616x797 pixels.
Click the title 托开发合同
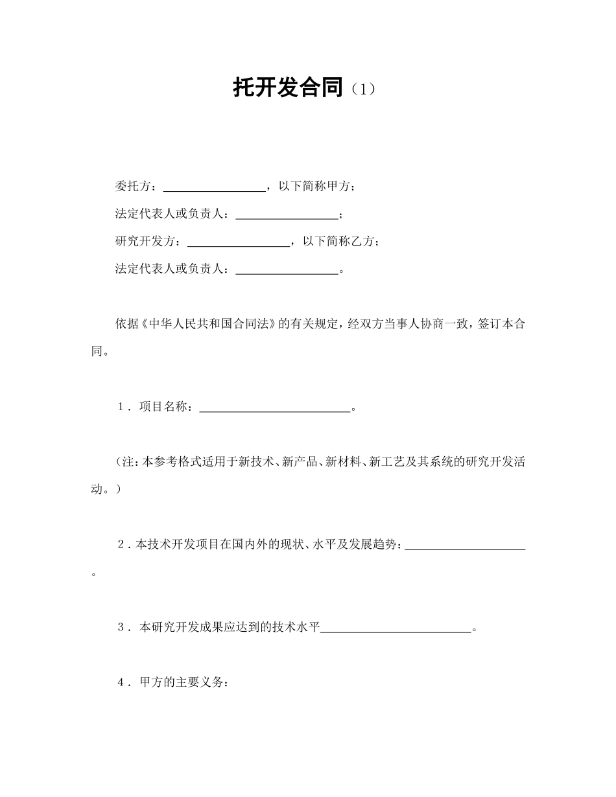pos(287,87)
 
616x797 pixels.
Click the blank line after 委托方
pos(214,188)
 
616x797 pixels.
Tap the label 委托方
pos(132,187)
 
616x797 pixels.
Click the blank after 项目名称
pos(274,409)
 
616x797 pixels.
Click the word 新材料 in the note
pos(342,463)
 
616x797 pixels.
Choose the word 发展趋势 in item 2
pos(377,546)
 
